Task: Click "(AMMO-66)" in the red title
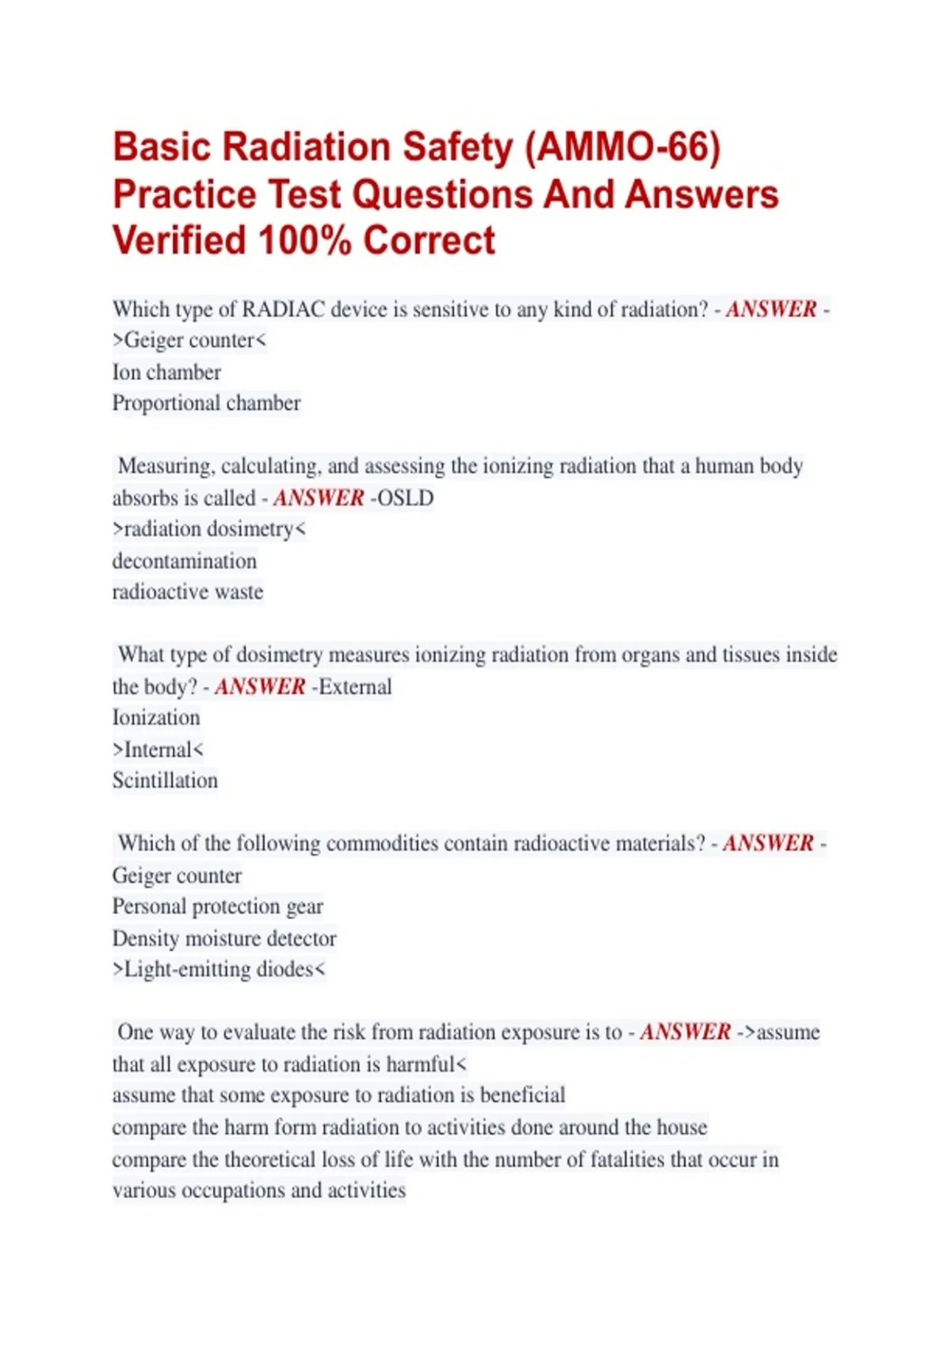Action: click(x=623, y=148)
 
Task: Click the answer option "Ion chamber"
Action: click(x=166, y=372)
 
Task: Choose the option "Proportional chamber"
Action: click(x=206, y=403)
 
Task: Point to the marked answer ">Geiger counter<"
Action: click(x=189, y=340)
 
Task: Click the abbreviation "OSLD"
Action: click(x=405, y=498)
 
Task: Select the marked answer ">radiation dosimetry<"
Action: click(x=208, y=528)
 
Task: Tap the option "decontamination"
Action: click(x=185, y=561)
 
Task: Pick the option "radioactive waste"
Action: click(x=188, y=592)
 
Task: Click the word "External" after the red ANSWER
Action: click(x=355, y=686)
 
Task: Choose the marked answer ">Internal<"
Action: click(x=158, y=749)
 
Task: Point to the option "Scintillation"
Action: click(x=165, y=780)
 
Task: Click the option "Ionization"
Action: click(x=156, y=718)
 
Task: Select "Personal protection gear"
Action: click(x=218, y=906)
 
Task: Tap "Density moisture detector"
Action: click(x=224, y=938)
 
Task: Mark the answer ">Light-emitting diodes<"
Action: click(x=219, y=969)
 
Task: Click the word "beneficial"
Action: click(x=523, y=1095)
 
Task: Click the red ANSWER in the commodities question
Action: click(x=768, y=843)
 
